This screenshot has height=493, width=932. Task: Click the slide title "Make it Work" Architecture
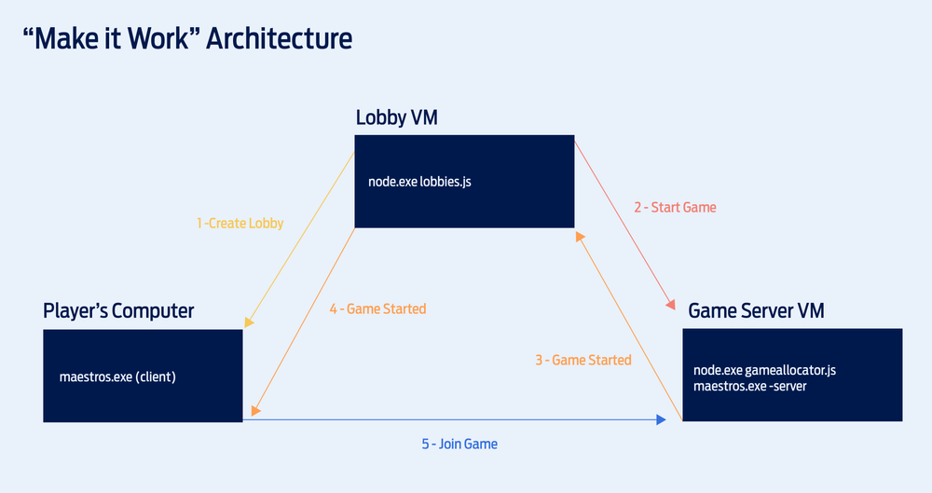tap(186, 39)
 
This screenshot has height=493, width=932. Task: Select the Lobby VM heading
tap(396, 118)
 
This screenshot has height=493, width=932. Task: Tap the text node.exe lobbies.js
tap(419, 182)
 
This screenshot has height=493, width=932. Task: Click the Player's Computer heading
tap(118, 310)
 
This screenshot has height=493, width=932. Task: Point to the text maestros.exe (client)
tap(117, 377)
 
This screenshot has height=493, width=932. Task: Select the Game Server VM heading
tap(756, 310)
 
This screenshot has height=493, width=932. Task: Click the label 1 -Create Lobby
tap(240, 224)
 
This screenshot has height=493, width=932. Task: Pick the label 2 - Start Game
tap(675, 207)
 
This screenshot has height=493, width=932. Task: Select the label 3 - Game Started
tap(582, 360)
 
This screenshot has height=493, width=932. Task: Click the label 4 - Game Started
tap(377, 308)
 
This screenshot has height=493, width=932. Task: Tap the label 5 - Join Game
tap(459, 445)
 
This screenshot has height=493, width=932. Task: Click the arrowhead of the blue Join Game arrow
tap(661, 420)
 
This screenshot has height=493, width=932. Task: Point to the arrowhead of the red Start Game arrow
tap(670, 305)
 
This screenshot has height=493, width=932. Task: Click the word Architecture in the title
tap(280, 39)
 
